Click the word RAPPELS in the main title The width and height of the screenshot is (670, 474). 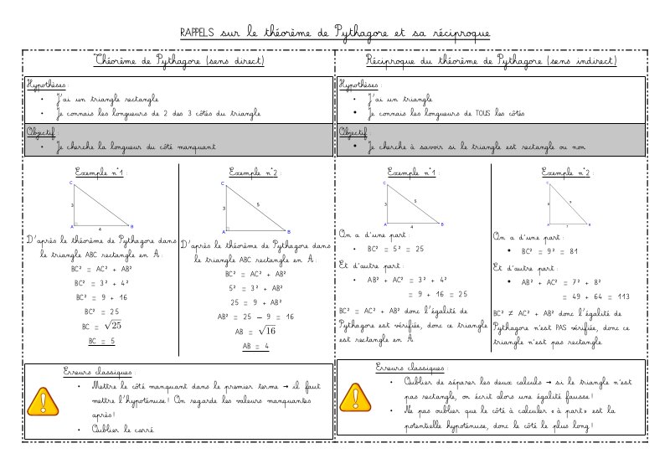tap(196, 33)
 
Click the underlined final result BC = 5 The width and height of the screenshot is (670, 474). tap(102, 342)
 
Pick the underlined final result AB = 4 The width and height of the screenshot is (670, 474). tap(255, 347)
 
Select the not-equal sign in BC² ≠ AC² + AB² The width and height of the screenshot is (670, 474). tap(513, 311)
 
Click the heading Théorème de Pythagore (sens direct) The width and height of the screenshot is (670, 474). tap(179, 62)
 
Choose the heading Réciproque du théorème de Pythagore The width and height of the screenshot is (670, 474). tap(492, 62)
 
